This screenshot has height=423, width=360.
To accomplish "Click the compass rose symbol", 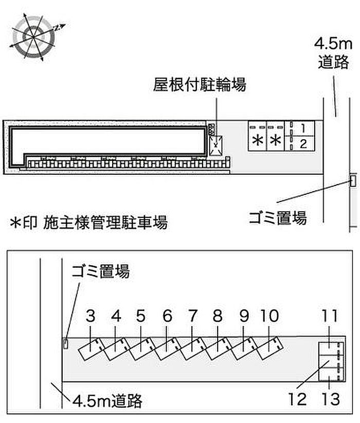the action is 33,36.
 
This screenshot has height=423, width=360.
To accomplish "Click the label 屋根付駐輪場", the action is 200,84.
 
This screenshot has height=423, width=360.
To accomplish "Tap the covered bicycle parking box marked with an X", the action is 216,145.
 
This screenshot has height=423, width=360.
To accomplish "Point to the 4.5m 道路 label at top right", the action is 333,53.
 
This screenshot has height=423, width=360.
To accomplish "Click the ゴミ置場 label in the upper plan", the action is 278,218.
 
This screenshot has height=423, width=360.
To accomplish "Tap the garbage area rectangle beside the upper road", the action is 353,180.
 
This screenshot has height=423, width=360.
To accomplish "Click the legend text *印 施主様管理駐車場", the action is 88,222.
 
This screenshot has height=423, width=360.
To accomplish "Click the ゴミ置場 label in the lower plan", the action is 100,271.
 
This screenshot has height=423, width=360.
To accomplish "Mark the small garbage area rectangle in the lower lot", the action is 66,344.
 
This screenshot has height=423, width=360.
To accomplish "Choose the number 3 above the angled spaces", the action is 91,316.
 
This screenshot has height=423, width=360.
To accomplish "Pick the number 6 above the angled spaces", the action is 167,316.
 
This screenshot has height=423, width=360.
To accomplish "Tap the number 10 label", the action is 269,316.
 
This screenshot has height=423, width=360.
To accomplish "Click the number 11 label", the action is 329,316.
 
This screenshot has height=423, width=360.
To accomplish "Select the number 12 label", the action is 297,399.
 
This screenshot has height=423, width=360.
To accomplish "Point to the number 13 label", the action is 331,399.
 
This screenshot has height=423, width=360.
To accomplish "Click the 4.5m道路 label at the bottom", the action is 107,401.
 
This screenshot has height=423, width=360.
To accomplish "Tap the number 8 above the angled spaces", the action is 218,316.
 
